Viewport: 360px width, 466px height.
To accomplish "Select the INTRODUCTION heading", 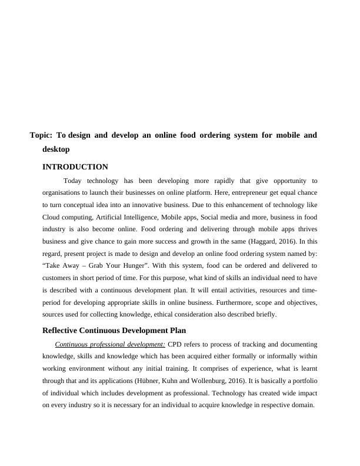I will coord(75,167).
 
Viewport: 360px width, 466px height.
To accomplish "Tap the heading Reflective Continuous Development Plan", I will coord(114,330).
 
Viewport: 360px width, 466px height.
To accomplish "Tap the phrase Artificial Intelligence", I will coord(126,217).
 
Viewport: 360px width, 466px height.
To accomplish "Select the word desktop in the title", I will coord(56,149).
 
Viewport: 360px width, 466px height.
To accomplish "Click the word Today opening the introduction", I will coord(72,181).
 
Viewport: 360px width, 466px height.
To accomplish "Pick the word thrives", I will coord(305,229).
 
